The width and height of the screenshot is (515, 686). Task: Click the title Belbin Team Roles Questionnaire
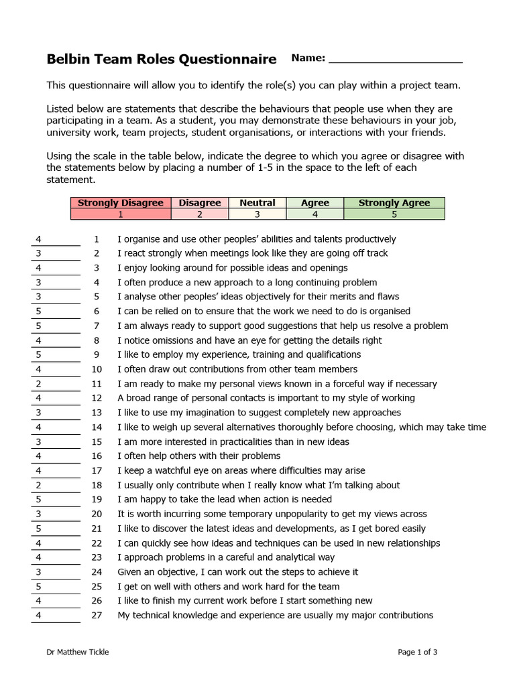(161, 60)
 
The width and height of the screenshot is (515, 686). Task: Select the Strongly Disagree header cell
(121, 203)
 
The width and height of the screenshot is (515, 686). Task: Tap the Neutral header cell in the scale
(257, 203)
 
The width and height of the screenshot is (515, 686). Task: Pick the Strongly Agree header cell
(394, 203)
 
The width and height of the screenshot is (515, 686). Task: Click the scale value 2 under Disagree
(200, 214)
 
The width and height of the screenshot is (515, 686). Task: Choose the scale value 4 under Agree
(314, 214)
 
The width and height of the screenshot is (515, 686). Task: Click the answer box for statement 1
(55, 239)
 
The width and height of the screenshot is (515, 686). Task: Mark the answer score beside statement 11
(55, 384)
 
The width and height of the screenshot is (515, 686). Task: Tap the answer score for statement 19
(55, 500)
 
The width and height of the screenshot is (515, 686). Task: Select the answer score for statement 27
(55, 616)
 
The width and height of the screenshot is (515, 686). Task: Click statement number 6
(97, 312)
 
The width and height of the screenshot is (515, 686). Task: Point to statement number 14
(97, 427)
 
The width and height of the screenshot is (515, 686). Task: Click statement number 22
(97, 543)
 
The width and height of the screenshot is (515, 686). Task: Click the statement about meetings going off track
(252, 253)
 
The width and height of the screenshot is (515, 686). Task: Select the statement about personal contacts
(266, 399)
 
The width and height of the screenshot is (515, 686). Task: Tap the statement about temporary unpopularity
(272, 514)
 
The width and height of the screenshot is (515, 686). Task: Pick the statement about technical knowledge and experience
(275, 616)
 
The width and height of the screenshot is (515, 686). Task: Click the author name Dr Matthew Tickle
(78, 652)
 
